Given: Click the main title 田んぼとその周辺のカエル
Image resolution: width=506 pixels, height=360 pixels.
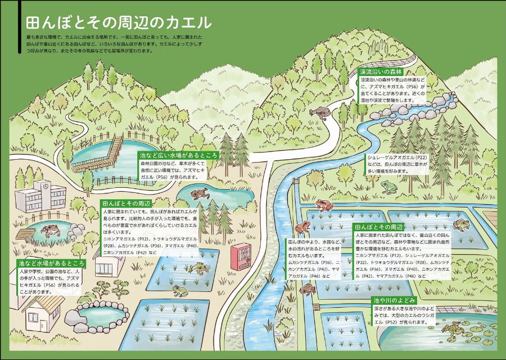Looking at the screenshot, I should pyautogui.click(x=118, y=23).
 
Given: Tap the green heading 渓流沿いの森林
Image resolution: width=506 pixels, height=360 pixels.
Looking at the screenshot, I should pyautogui.click(x=381, y=73).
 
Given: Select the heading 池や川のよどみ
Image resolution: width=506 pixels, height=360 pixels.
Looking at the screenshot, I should pyautogui.click(x=394, y=300).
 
